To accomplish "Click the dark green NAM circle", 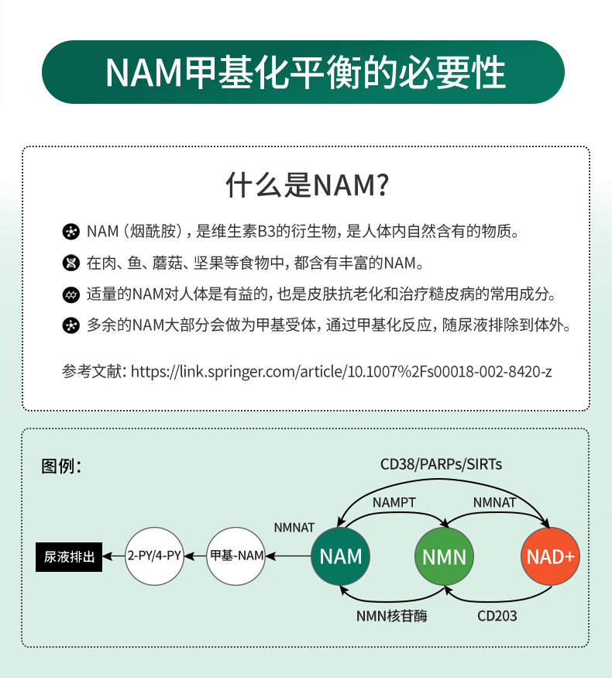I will (x=341, y=556).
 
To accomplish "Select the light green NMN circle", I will (x=445, y=556).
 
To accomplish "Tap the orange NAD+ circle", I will (x=551, y=556).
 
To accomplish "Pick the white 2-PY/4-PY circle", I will (x=154, y=556).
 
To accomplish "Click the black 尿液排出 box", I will (x=69, y=556).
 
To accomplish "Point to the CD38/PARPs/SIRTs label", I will (x=441, y=464).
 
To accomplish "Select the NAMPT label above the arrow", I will (x=394, y=502).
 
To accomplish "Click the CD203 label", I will (x=497, y=616).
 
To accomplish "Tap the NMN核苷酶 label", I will (x=391, y=616).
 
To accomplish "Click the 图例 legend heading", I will (x=61, y=466).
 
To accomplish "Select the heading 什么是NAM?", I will (x=306, y=186).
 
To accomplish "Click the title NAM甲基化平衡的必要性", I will (x=305, y=73).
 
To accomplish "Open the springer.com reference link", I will (x=342, y=371).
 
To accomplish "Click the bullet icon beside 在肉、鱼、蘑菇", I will (x=71, y=263).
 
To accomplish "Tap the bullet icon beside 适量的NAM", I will (x=71, y=294).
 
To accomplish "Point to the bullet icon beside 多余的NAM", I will (x=71, y=325).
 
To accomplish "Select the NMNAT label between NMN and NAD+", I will (x=494, y=502).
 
